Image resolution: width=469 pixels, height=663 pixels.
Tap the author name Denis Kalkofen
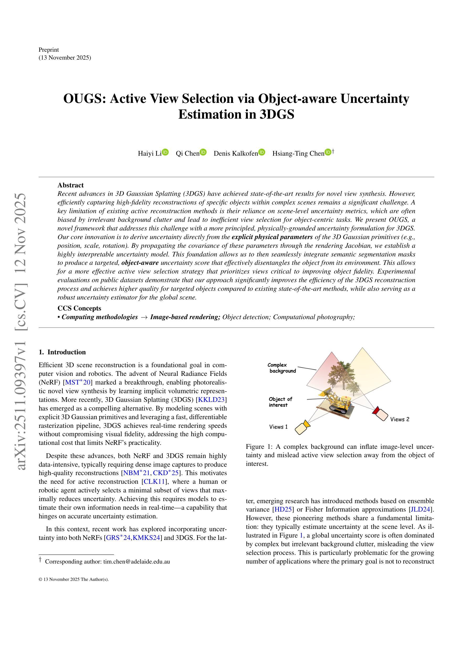pyautogui.click(x=236, y=153)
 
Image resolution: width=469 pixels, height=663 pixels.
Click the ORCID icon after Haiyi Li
pyautogui.click(x=165, y=152)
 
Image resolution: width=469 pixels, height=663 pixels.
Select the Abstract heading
pyautogui.click(x=71, y=185)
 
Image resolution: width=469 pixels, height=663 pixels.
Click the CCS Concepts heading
pyautogui.click(x=79, y=308)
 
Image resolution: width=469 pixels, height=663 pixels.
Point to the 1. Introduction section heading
pyautogui.click(x=62, y=352)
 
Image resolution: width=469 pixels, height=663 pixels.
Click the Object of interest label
pyautogui.click(x=280, y=402)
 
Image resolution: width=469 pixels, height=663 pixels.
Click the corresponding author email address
pyautogui.click(x=136, y=562)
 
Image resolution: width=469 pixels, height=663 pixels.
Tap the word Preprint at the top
pyautogui.click(x=49, y=50)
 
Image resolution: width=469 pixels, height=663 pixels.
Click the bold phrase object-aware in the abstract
pyautogui.click(x=140, y=263)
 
